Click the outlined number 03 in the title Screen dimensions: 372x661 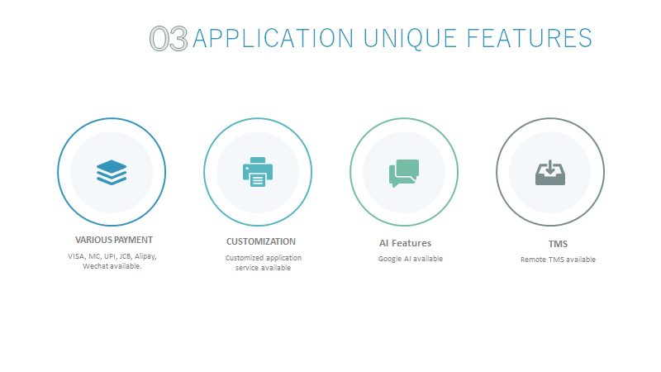(x=169, y=39)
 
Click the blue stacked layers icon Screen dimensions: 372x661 (x=112, y=172)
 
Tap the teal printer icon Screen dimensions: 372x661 (x=258, y=172)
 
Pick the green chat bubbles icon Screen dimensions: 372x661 (x=404, y=173)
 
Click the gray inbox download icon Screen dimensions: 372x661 (x=550, y=172)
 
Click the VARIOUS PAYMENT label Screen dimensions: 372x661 (x=114, y=240)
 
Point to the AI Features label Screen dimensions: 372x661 (x=405, y=243)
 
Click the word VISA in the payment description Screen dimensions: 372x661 (x=76, y=256)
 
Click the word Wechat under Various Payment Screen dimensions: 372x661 (x=96, y=266)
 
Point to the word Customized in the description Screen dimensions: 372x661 (x=244, y=258)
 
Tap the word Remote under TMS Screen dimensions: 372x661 (x=534, y=260)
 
